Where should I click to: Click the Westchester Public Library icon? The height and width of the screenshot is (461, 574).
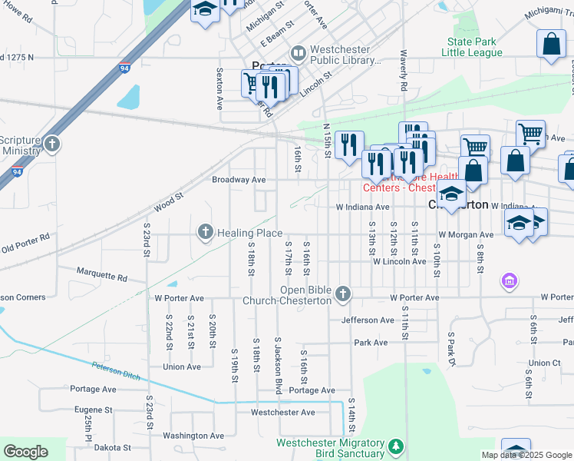point(298,54)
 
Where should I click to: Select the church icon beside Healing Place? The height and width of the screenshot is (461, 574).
point(205,231)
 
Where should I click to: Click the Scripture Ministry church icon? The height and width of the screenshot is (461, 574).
point(51,144)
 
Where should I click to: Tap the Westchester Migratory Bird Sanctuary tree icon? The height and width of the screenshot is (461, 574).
point(395,446)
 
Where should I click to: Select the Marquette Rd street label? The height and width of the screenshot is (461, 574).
point(101,273)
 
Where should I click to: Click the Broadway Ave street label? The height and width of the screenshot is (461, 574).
point(239,180)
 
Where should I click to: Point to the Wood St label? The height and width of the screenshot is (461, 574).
point(169,202)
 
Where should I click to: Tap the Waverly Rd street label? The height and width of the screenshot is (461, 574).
point(402,71)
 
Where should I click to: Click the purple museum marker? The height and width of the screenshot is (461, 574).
point(508,282)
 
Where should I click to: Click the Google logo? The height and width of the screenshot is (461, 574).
point(26,452)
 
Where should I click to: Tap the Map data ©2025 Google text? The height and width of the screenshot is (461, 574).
point(526,455)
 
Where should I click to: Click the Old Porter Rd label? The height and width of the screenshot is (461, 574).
point(25,244)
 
